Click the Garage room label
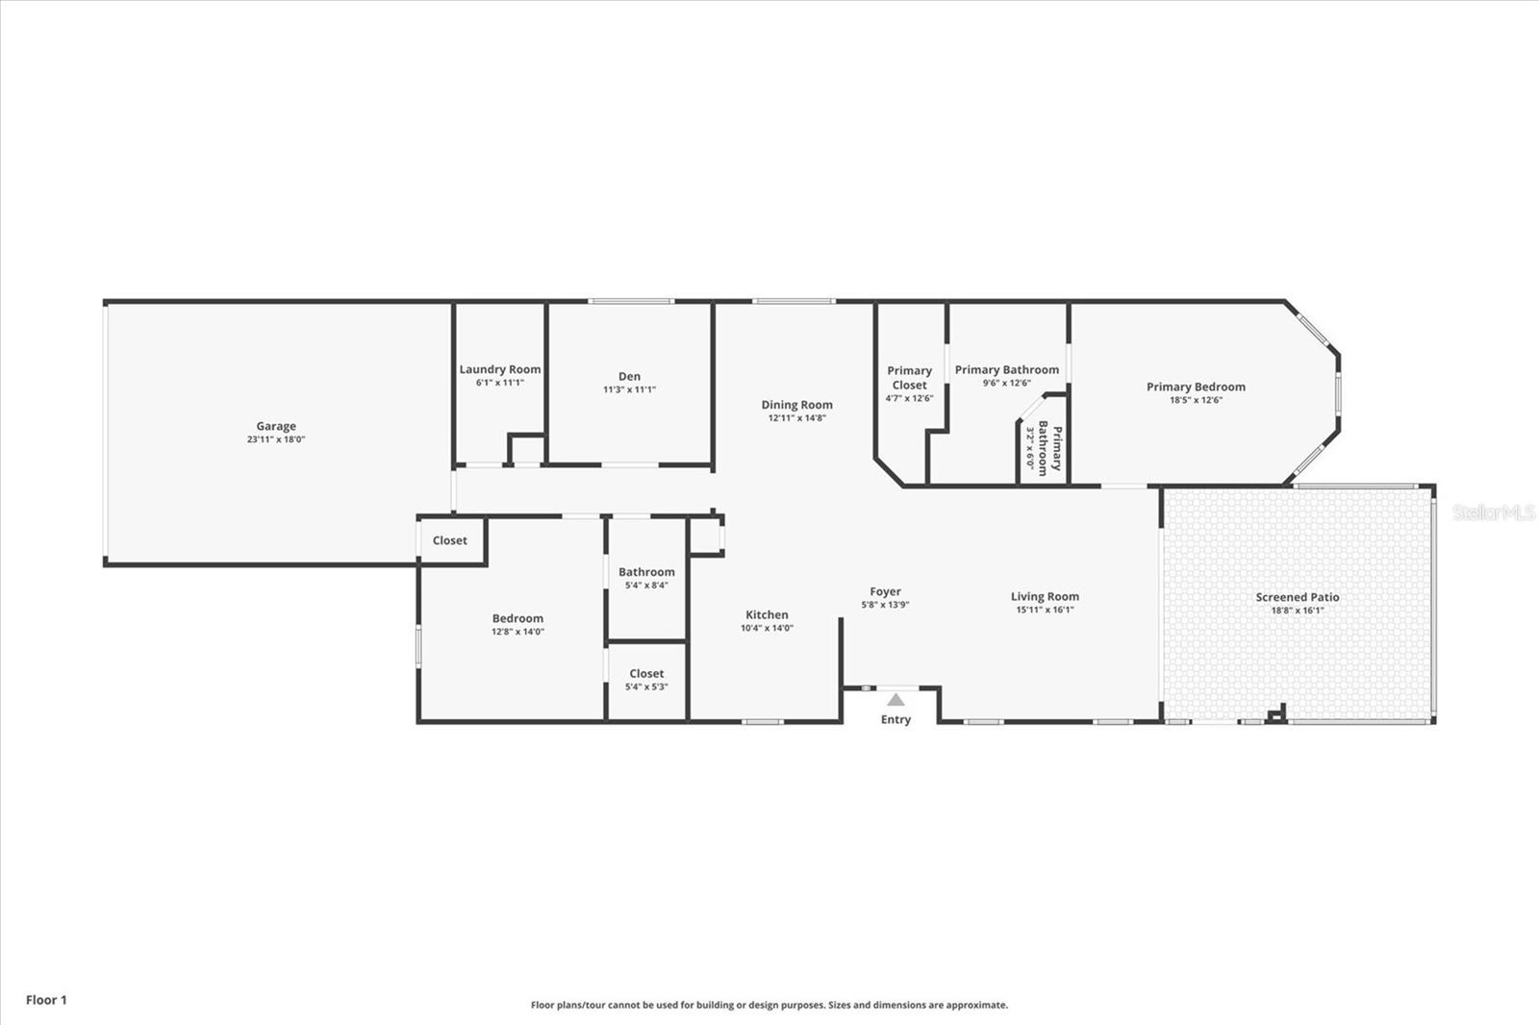tap(276, 426)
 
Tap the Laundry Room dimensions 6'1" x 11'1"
tap(499, 383)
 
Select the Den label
tap(629, 376)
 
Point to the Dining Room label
tap(796, 405)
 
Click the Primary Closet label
tap(909, 377)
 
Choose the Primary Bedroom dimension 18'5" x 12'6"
tap(1196, 400)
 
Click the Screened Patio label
tap(1297, 597)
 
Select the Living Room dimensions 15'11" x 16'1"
tap(1045, 610)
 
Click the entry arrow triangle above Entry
tap(896, 700)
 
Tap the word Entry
tap(896, 719)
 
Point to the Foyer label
tap(885, 592)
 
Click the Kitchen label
tap(767, 614)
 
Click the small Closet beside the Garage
tap(449, 540)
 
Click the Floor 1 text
tap(46, 1000)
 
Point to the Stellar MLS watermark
tap(1494, 512)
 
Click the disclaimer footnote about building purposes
tap(769, 1005)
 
